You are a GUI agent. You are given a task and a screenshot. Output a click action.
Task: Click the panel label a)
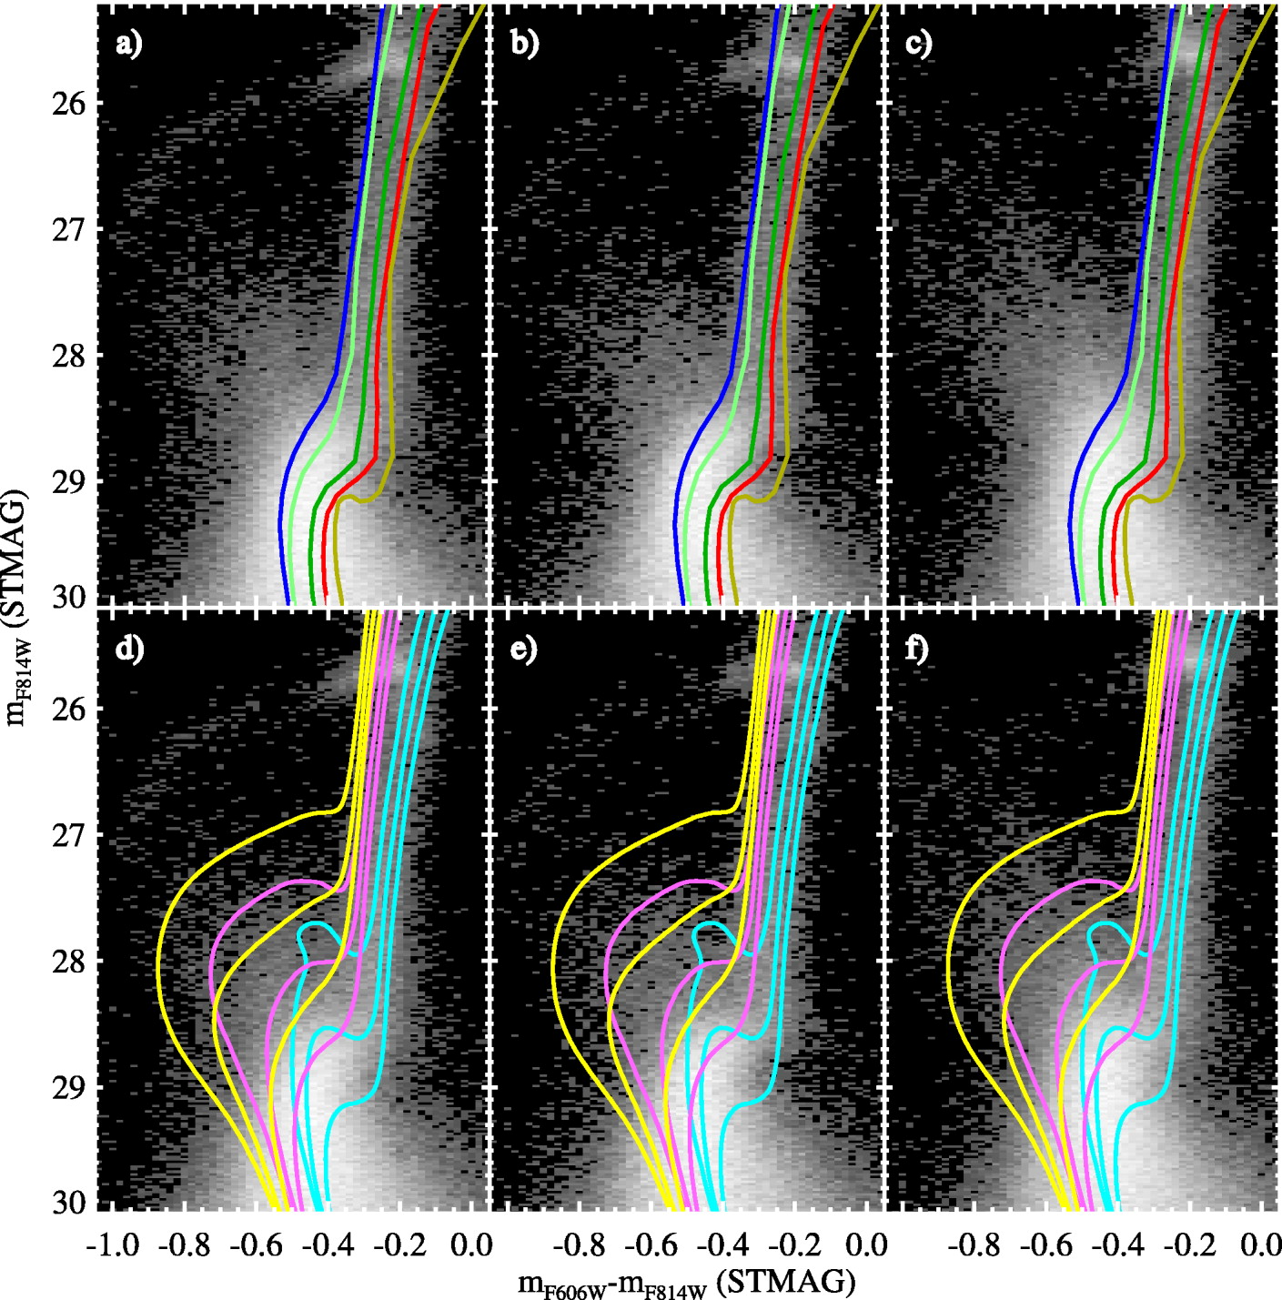[130, 45]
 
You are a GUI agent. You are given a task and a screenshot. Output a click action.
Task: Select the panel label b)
[524, 45]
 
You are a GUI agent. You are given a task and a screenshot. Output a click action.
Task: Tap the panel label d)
[130, 650]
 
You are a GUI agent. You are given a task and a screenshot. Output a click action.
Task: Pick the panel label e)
[524, 650]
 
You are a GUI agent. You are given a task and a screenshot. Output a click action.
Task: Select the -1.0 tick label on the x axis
[112, 1244]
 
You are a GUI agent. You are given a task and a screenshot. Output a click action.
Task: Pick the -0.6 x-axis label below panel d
[261, 1244]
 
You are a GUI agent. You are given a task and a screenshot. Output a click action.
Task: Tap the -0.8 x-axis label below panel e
[580, 1244]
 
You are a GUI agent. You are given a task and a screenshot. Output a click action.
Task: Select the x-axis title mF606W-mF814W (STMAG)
[687, 1283]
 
